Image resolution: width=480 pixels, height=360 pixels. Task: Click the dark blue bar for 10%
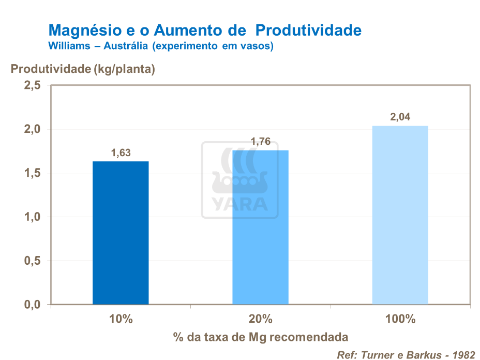pos(121,233)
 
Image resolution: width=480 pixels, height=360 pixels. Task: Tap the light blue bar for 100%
pos(400,215)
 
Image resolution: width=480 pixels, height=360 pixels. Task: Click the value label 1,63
pos(121,153)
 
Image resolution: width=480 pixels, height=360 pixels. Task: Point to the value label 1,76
pos(261,142)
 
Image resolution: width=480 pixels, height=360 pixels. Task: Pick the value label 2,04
pos(400,117)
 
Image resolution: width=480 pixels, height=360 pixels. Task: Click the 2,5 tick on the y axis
pos(32,85)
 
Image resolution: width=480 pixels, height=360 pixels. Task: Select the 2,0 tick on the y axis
pos(32,129)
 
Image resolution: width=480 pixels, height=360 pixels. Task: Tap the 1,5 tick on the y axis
pos(32,173)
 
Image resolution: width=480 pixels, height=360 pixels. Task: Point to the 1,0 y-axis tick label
pos(32,217)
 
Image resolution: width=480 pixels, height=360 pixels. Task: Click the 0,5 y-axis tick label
pos(32,261)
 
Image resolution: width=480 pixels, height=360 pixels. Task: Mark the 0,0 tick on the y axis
pos(32,305)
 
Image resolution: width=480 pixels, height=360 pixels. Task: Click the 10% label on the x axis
pos(121,319)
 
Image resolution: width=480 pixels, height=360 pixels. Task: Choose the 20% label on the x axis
pos(261,319)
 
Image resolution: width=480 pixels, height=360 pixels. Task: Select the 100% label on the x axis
pos(400,319)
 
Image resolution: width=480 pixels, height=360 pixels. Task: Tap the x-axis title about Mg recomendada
pos(261,337)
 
